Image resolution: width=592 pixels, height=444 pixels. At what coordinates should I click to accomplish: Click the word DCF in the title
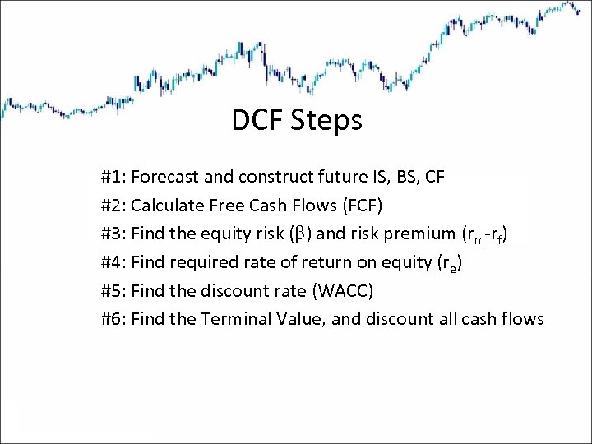pos(257,121)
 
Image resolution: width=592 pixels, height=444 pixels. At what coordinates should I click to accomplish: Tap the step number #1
pos(113,176)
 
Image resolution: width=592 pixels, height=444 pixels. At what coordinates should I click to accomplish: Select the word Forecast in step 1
pos(163,176)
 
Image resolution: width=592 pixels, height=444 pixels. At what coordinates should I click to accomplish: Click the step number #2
pos(113,204)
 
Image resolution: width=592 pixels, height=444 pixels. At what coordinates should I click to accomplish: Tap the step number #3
pos(113,233)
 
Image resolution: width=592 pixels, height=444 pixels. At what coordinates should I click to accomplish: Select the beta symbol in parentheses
pos(298,234)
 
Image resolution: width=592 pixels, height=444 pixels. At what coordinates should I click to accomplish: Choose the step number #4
pos(113,261)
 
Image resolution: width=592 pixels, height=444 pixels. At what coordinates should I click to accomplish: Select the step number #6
pos(113,318)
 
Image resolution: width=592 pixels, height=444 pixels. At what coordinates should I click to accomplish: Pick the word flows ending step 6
pos(522,318)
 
